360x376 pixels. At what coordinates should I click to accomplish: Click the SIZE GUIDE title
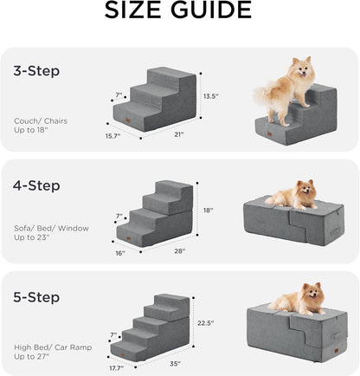coord(180,12)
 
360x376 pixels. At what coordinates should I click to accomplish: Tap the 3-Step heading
coord(37,71)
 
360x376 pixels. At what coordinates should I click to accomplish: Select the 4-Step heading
coord(38,183)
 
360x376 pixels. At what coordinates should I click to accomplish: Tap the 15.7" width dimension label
coord(114,135)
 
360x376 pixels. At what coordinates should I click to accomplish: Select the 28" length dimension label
coord(180,252)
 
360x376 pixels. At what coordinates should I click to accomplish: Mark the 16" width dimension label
coord(119,254)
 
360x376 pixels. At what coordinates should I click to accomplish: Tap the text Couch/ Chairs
coord(40,120)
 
